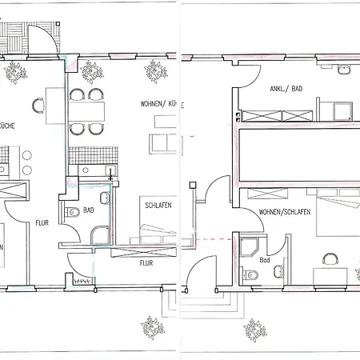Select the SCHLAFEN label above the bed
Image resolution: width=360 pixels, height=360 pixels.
158,206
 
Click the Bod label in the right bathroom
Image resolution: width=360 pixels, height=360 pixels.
266,261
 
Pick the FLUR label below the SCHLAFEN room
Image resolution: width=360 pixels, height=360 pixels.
146,262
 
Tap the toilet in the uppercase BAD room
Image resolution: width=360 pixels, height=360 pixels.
72,212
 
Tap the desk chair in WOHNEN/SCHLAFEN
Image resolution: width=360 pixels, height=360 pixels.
328,259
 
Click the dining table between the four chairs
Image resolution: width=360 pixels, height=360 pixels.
86,111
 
